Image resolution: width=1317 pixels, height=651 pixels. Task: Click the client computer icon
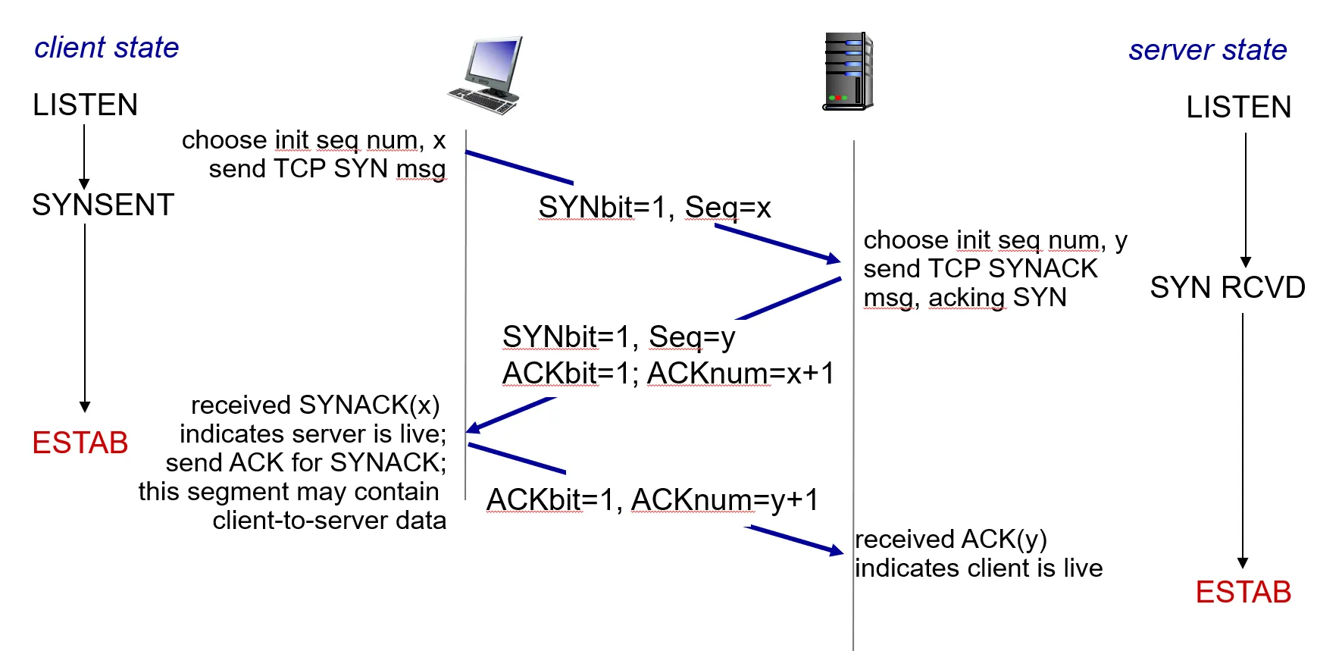point(486,76)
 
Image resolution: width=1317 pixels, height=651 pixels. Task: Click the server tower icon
point(848,71)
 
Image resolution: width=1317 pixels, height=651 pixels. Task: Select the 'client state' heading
point(107,48)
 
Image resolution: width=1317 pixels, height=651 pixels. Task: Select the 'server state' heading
point(1207,50)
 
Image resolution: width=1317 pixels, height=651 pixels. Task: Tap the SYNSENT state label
point(103,205)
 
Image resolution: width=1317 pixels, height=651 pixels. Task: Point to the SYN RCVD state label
point(1227,288)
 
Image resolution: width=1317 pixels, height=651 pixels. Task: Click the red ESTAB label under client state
point(80,443)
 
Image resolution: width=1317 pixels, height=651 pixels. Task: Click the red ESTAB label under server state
point(1243,592)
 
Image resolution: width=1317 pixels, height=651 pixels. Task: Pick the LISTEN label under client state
point(85,105)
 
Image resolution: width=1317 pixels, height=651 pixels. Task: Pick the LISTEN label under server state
point(1238,108)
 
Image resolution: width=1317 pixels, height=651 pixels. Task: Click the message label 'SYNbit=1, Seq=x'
point(654,208)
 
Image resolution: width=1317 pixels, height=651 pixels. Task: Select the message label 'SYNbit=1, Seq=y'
point(618,336)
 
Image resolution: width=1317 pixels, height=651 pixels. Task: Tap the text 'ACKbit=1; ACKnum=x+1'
point(668,374)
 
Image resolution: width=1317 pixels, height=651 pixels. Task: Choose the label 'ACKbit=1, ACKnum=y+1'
point(652,500)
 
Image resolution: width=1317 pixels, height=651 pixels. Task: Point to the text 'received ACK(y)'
point(950,540)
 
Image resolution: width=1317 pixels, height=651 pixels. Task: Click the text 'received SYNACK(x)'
point(315,405)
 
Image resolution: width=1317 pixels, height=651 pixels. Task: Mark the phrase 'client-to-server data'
point(329,521)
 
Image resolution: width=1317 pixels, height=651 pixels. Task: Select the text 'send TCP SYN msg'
point(327,169)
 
